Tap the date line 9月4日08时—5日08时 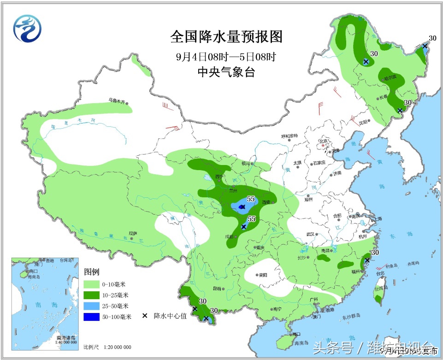click(x=226, y=57)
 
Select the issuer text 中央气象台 click(x=226, y=72)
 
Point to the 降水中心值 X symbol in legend click(x=145, y=316)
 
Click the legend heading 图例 click(x=92, y=272)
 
